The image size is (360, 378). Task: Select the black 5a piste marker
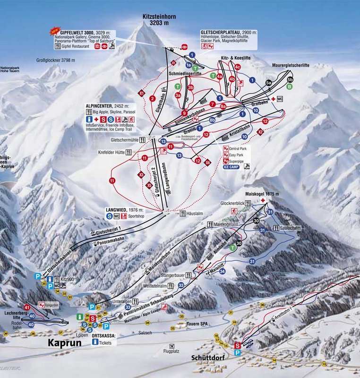[x=269, y=83]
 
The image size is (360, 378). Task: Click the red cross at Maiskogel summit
[x=260, y=201]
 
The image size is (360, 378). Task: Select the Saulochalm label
[x=291, y=229]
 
